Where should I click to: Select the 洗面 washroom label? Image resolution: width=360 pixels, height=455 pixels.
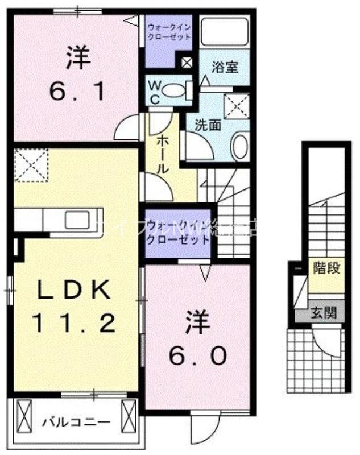[208, 125]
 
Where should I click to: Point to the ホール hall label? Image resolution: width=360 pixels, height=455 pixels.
[161, 154]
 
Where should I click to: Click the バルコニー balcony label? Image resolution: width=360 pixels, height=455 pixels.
[76, 423]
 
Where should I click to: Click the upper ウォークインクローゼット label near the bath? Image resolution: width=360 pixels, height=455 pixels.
[169, 31]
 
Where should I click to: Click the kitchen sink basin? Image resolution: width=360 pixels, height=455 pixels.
[75, 219]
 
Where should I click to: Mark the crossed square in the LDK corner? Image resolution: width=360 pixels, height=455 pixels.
[31, 165]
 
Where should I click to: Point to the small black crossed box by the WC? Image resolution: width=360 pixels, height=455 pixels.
[186, 63]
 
